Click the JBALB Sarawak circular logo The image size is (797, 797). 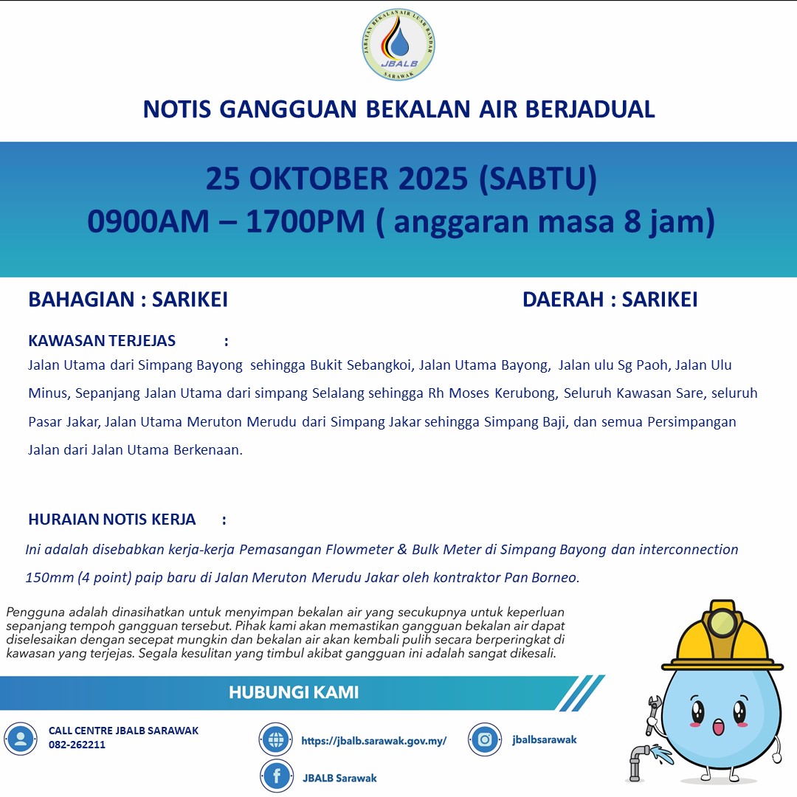coord(398,46)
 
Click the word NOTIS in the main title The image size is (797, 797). coord(176,109)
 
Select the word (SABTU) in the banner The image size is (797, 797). coord(537,179)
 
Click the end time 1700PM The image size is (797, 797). coord(306,221)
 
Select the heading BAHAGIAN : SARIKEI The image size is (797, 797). coord(128,300)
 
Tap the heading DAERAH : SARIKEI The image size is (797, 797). coord(610,300)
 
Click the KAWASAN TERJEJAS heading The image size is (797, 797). coord(102,341)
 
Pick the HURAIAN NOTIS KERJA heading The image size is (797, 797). coord(112,520)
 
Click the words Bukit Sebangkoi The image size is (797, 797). coord(360,365)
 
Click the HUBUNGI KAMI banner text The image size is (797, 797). coord(293,693)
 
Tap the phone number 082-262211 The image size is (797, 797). coord(77,745)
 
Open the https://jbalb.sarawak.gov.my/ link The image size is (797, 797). coord(373,741)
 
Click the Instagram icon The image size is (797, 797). coord(484,739)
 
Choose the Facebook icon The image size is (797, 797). coord(277,776)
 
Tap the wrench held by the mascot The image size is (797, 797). coord(652,714)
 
